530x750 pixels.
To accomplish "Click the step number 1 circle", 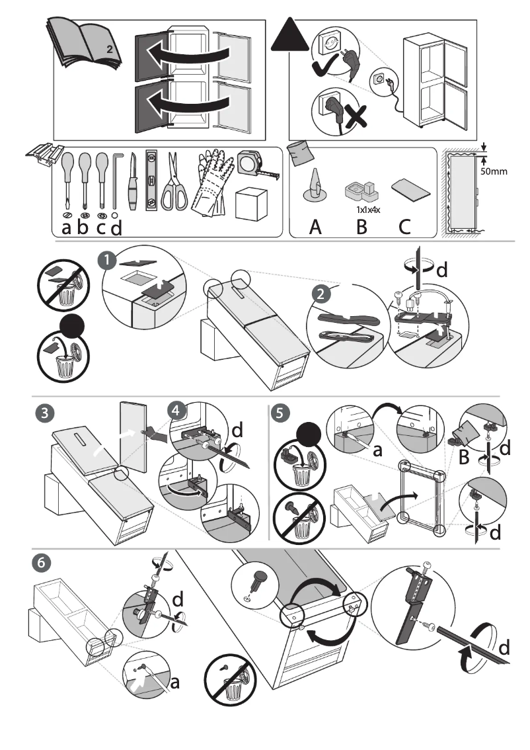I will click(x=106, y=261).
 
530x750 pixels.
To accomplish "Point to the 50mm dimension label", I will click(x=492, y=171).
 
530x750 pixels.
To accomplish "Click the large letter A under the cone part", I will click(x=315, y=227).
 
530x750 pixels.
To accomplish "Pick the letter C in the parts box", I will click(x=405, y=227).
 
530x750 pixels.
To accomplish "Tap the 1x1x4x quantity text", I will click(x=361, y=210).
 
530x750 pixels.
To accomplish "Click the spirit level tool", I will click(x=151, y=181).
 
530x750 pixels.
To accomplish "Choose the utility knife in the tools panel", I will click(x=133, y=181).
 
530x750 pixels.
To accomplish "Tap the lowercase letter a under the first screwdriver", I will click(x=66, y=228).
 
